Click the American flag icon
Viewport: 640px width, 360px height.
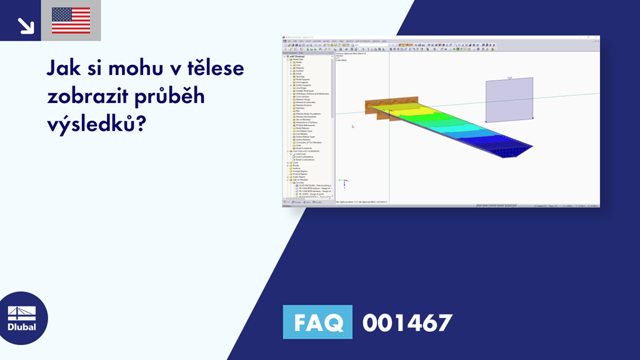tap(71, 21)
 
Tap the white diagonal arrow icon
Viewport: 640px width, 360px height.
tap(26, 26)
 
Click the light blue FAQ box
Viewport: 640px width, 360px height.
tap(317, 322)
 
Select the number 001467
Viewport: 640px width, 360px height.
tap(407, 322)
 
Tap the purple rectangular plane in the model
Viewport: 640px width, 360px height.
tap(509, 99)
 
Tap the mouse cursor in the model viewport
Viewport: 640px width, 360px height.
tap(352, 126)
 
